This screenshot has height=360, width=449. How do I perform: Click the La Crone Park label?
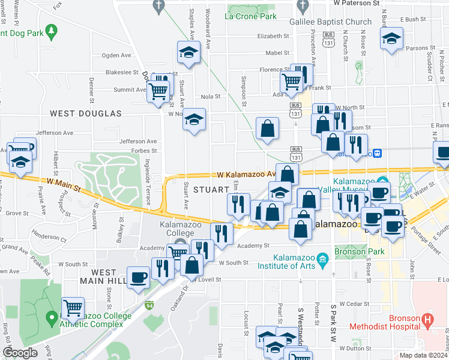pos(251,16)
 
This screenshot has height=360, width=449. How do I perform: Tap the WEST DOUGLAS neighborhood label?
pos(85,113)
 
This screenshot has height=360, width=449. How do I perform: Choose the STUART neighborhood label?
pos(211,190)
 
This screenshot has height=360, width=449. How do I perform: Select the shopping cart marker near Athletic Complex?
pos(73,308)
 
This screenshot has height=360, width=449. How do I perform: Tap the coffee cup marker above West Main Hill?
pos(138,277)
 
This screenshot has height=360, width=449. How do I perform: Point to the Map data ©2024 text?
pos(424,355)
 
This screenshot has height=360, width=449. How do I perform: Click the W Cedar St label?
pos(352,304)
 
